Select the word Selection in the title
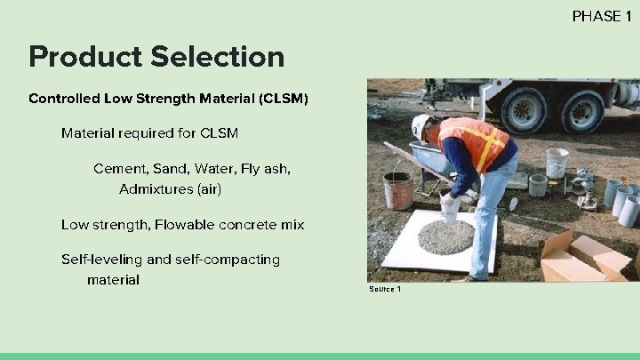click(218, 57)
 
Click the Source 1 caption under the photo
click(385, 289)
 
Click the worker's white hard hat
click(420, 125)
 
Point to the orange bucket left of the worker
click(397, 190)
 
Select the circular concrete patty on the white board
click(445, 236)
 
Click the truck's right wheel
click(582, 111)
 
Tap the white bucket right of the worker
click(557, 163)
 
